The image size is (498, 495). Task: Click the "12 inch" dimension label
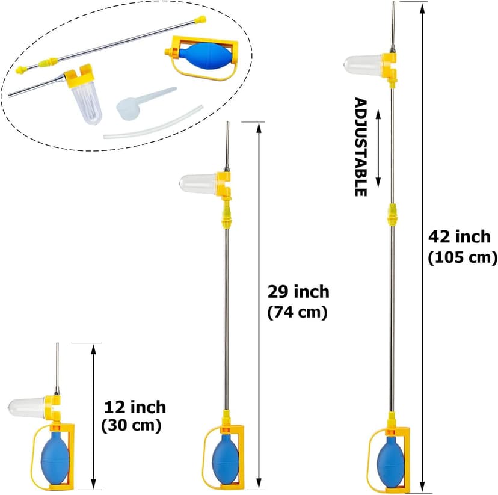[135, 407]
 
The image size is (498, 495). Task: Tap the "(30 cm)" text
[131, 425]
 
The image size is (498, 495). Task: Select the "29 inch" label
[298, 292]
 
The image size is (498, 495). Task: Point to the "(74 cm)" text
[297, 312]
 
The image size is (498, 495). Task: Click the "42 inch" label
[460, 237]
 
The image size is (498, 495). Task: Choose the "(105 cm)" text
[463, 257]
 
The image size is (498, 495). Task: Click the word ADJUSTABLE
[361, 147]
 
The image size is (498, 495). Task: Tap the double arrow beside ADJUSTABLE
[378, 149]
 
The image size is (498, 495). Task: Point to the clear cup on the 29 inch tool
[199, 183]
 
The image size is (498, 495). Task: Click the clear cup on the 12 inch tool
[26, 407]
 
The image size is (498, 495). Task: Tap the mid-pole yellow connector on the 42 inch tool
[392, 214]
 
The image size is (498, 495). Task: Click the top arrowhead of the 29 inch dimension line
[259, 128]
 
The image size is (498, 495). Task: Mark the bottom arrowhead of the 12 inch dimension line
[93, 485]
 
